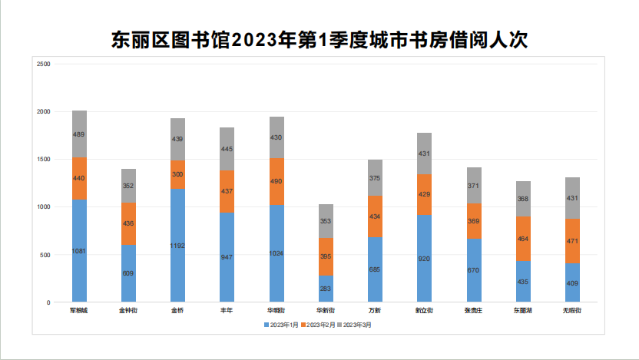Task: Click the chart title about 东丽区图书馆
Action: pyautogui.click(x=319, y=39)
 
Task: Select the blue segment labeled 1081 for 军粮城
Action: pyautogui.click(x=79, y=250)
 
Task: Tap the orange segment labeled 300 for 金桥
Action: pyautogui.click(x=177, y=174)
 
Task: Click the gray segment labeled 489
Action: pyautogui.click(x=79, y=134)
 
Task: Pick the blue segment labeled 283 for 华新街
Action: pyautogui.click(x=326, y=289)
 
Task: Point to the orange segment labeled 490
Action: pyautogui.click(x=276, y=181)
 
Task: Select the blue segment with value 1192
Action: pyautogui.click(x=177, y=245)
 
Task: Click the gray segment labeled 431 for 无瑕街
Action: pyautogui.click(x=572, y=198)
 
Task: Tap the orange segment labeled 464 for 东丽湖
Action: pyautogui.click(x=523, y=239)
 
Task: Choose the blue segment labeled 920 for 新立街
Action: pyautogui.click(x=424, y=258)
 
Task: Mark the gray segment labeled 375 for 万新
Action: pyautogui.click(x=375, y=178)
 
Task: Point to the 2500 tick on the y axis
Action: pyautogui.click(x=44, y=64)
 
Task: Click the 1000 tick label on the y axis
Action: pyautogui.click(x=44, y=207)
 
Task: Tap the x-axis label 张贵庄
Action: pyautogui.click(x=473, y=311)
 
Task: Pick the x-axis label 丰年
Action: pyautogui.click(x=227, y=311)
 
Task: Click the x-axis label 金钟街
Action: pyautogui.click(x=128, y=311)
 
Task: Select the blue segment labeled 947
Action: pyautogui.click(x=227, y=257)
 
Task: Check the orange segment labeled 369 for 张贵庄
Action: pyautogui.click(x=473, y=221)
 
